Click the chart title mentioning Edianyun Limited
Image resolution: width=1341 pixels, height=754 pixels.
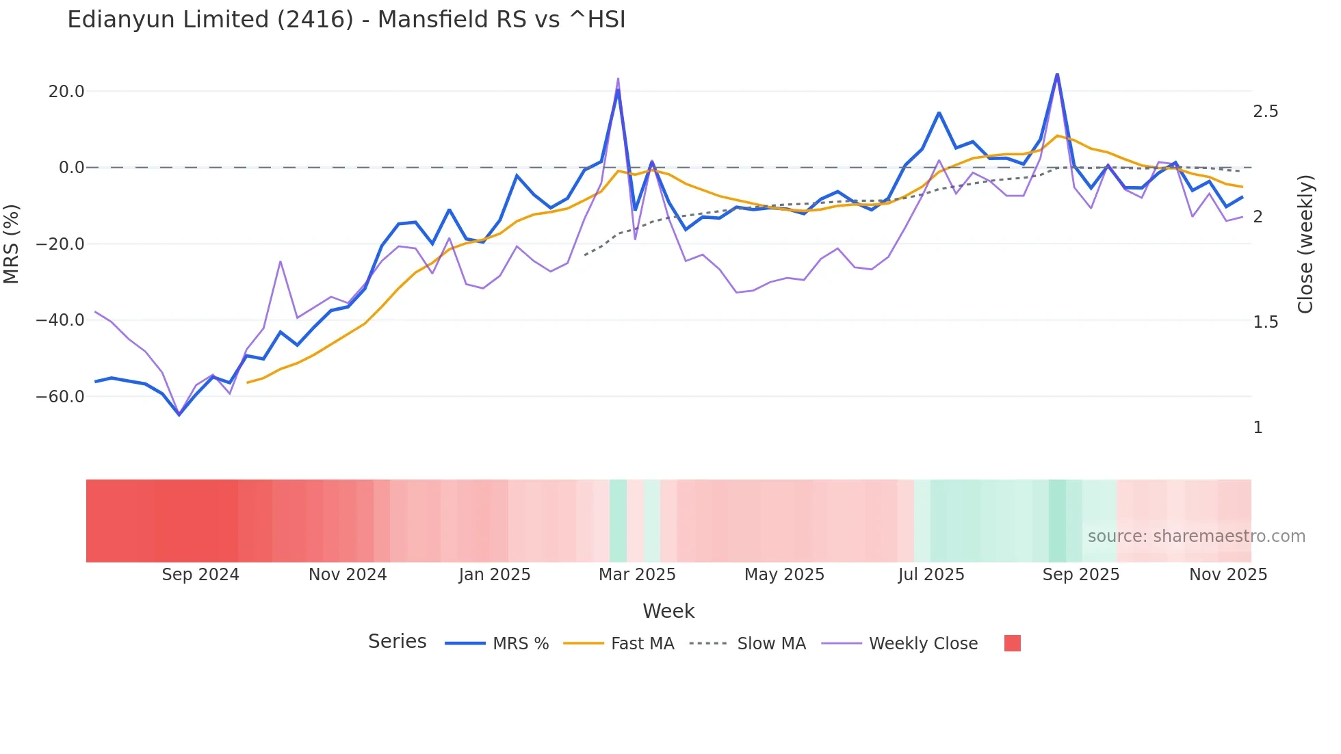click(346, 20)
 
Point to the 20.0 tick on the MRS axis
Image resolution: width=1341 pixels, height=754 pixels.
click(66, 92)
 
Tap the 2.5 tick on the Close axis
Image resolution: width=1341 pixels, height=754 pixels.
click(1265, 112)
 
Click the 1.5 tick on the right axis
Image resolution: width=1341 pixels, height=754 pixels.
click(1265, 322)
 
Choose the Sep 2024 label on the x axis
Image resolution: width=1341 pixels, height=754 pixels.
click(200, 575)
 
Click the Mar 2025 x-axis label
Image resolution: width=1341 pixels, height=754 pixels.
click(637, 575)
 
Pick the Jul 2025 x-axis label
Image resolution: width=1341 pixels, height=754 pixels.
click(931, 575)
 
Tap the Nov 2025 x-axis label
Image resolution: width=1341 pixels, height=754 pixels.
click(1228, 575)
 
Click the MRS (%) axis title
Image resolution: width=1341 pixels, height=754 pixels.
click(12, 244)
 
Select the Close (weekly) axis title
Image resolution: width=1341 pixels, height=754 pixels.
click(1305, 244)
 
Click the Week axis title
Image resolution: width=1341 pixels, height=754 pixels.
click(668, 611)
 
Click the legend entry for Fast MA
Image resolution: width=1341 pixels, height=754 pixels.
click(642, 644)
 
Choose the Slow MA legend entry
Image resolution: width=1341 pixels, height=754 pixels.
click(771, 644)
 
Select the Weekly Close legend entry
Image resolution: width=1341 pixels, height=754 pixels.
click(923, 644)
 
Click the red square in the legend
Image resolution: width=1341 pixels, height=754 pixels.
click(1012, 643)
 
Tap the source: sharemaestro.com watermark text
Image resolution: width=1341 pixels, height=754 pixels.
click(1196, 536)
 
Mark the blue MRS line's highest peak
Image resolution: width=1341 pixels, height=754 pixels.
click(1057, 75)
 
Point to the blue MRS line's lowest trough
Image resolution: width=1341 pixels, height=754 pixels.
click(179, 415)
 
